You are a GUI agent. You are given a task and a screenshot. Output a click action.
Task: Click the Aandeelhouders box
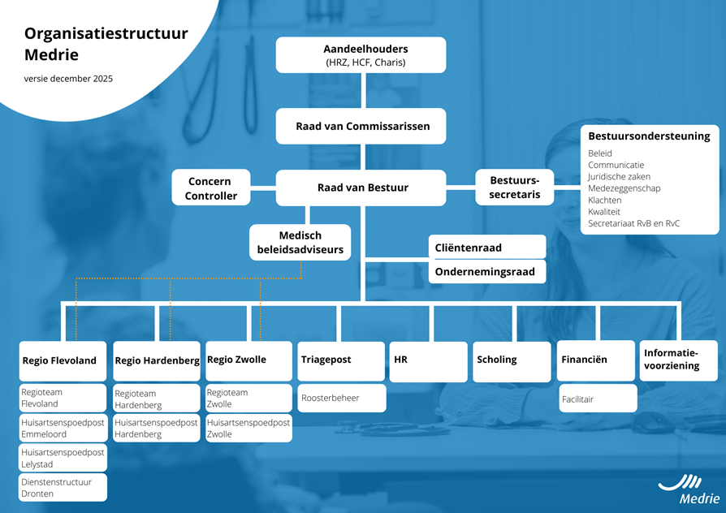click(x=361, y=55)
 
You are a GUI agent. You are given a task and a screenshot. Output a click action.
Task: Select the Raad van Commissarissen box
click(x=361, y=127)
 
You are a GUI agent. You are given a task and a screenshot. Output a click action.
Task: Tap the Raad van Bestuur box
click(x=361, y=188)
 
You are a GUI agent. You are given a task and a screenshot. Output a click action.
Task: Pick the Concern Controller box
click(x=211, y=188)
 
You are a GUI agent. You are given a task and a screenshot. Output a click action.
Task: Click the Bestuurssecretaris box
click(x=515, y=188)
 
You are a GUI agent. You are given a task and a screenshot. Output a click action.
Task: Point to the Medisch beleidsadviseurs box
click(x=300, y=243)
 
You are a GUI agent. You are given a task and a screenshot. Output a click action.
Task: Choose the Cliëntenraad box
click(x=486, y=247)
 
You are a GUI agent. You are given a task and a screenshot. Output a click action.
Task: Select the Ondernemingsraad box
click(x=486, y=272)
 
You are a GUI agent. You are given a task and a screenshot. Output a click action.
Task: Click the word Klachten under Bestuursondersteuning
click(x=605, y=200)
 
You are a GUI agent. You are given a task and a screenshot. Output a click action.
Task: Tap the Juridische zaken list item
click(x=619, y=176)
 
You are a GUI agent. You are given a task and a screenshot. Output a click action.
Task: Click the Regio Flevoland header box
click(x=63, y=361)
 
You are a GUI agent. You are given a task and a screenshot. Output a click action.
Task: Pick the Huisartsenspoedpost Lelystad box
click(x=63, y=458)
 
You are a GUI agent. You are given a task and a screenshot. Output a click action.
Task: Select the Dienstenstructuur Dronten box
click(x=63, y=488)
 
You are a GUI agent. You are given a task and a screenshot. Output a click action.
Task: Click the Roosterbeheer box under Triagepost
click(x=341, y=399)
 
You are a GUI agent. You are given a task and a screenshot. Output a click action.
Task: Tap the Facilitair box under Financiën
click(x=597, y=399)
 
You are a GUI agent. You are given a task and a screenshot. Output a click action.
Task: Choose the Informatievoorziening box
click(x=679, y=360)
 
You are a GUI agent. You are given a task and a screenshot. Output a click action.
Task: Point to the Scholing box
click(x=512, y=360)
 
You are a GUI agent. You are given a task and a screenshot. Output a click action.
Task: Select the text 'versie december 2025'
click(x=68, y=79)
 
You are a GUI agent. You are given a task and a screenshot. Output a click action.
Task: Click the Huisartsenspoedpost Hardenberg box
click(x=155, y=429)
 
